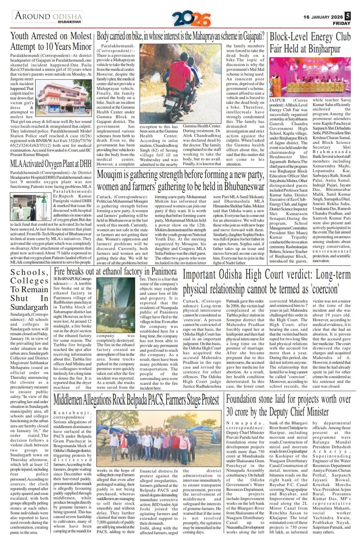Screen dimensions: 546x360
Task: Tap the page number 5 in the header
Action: (x=348, y=16)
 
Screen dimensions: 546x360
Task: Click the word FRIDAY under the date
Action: (x=341, y=23)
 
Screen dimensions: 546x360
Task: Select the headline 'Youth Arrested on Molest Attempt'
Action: (x=51, y=41)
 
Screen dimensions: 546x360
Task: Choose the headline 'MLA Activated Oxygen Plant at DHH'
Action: (x=51, y=163)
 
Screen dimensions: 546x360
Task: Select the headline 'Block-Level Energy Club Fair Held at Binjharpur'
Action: (x=310, y=43)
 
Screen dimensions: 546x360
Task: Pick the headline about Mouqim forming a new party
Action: (x=180, y=181)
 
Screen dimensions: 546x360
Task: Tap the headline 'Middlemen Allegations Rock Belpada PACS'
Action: (x=136, y=399)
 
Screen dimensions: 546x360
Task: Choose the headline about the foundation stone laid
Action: (x=288, y=405)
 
